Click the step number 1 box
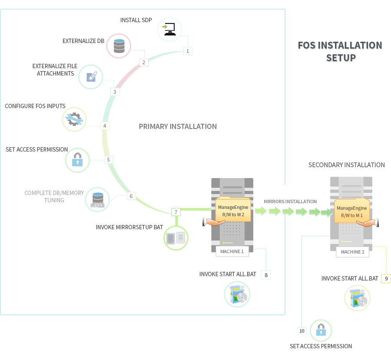(188, 51)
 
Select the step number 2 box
(143, 62)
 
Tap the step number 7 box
(176, 212)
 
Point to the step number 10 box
(302, 331)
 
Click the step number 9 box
(386, 278)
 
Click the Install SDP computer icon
(169, 30)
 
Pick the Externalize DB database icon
(119, 46)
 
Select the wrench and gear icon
(74, 119)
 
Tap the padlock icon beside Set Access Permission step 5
(77, 160)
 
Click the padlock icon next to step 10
(321, 331)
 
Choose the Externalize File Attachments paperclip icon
(91, 77)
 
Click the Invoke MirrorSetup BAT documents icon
(176, 238)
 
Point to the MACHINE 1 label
(232, 251)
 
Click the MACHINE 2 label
(352, 252)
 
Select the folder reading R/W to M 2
(233, 211)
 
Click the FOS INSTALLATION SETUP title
(340, 51)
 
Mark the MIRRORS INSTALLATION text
(290, 201)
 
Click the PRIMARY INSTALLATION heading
(178, 126)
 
